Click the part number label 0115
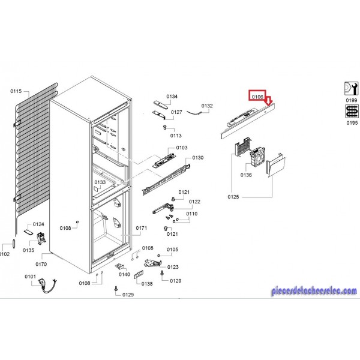[x=16, y=91]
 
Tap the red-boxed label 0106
[x=257, y=97]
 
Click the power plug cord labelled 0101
[x=47, y=285]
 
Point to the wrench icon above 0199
[x=352, y=89]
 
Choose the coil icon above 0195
[x=352, y=112]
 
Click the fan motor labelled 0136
[x=257, y=157]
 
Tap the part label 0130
[x=198, y=158]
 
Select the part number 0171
[x=141, y=228]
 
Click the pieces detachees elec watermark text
[x=314, y=290]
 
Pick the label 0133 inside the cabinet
[x=100, y=182]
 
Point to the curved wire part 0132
[x=194, y=112]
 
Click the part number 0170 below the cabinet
[x=41, y=264]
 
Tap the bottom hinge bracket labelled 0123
[x=152, y=263]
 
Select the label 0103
[x=182, y=148]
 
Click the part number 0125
[x=233, y=197]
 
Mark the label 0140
[x=124, y=274]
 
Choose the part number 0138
[x=147, y=284]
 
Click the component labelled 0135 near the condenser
[x=41, y=238]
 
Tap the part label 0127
[x=176, y=112]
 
